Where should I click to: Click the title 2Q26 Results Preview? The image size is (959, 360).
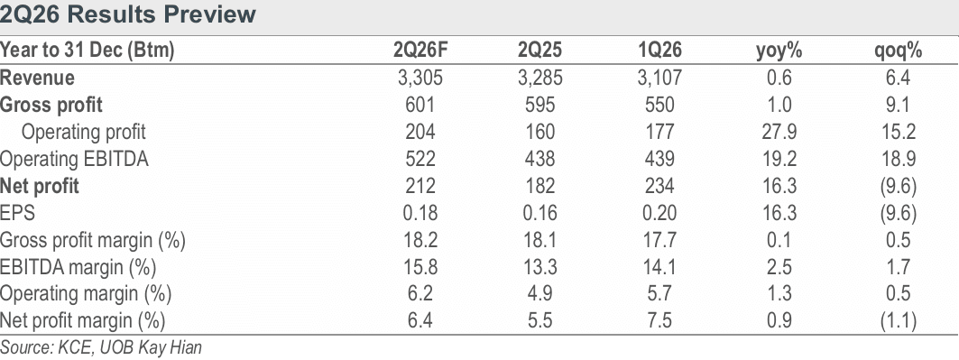(x=128, y=14)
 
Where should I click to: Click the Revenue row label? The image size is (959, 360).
(x=37, y=78)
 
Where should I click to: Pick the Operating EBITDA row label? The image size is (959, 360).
(x=74, y=160)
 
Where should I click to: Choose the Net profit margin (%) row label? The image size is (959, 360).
(x=83, y=321)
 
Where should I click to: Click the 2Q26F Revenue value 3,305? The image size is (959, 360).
(x=420, y=78)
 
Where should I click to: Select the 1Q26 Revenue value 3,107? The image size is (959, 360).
(x=659, y=78)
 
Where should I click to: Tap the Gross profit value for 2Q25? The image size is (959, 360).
(x=539, y=106)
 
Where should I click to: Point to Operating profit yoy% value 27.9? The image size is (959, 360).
(x=779, y=132)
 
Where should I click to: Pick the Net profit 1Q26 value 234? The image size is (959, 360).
(x=659, y=186)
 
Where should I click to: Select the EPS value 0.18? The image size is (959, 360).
(x=420, y=213)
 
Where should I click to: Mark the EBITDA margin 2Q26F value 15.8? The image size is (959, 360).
(x=420, y=267)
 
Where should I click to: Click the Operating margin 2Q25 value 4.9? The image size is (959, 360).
(x=539, y=294)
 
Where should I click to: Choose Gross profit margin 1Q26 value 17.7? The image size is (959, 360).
(x=659, y=240)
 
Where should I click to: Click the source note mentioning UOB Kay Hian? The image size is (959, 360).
(x=101, y=348)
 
